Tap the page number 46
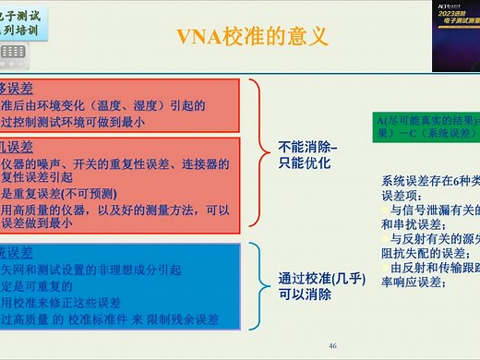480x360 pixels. (x=332, y=345)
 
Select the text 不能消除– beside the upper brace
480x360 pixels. (x=308, y=148)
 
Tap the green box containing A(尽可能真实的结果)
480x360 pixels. (x=426, y=125)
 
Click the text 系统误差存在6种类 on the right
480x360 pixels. (x=429, y=181)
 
